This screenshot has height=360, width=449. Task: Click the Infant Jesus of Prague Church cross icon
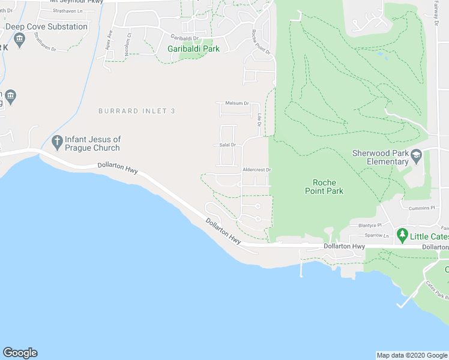pos(57,143)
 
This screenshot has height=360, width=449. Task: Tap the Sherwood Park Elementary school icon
pos(416,157)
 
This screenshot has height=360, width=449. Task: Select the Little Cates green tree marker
pos(402,233)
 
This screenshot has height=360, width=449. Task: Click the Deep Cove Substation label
pos(46,27)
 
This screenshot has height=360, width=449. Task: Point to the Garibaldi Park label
pos(193,49)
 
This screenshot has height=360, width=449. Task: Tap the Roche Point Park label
pos(328,187)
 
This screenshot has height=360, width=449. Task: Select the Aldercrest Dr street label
pos(256,170)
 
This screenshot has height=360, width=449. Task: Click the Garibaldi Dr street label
pos(184,37)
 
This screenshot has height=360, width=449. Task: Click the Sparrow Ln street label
pos(377,236)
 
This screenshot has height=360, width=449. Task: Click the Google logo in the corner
pos(20,353)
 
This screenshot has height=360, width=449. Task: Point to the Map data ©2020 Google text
pos(412,355)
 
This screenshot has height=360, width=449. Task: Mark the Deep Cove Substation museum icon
pos(19,40)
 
